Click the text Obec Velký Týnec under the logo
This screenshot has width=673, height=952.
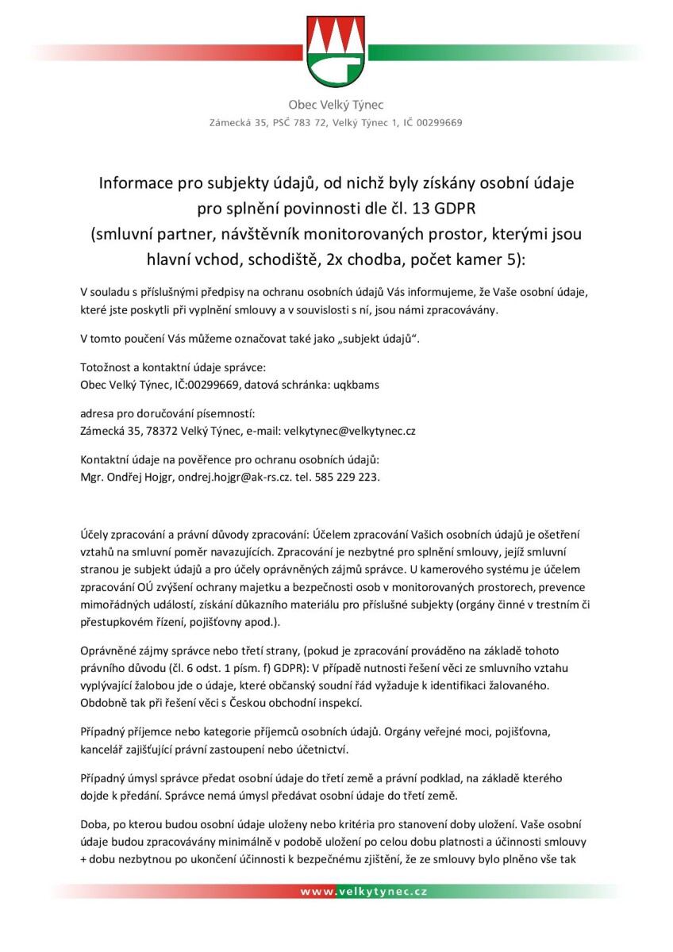click(x=336, y=106)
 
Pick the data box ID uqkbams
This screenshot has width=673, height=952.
click(x=354, y=385)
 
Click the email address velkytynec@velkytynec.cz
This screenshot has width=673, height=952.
click(x=350, y=432)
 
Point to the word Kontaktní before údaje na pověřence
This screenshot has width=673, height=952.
click(x=106, y=461)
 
